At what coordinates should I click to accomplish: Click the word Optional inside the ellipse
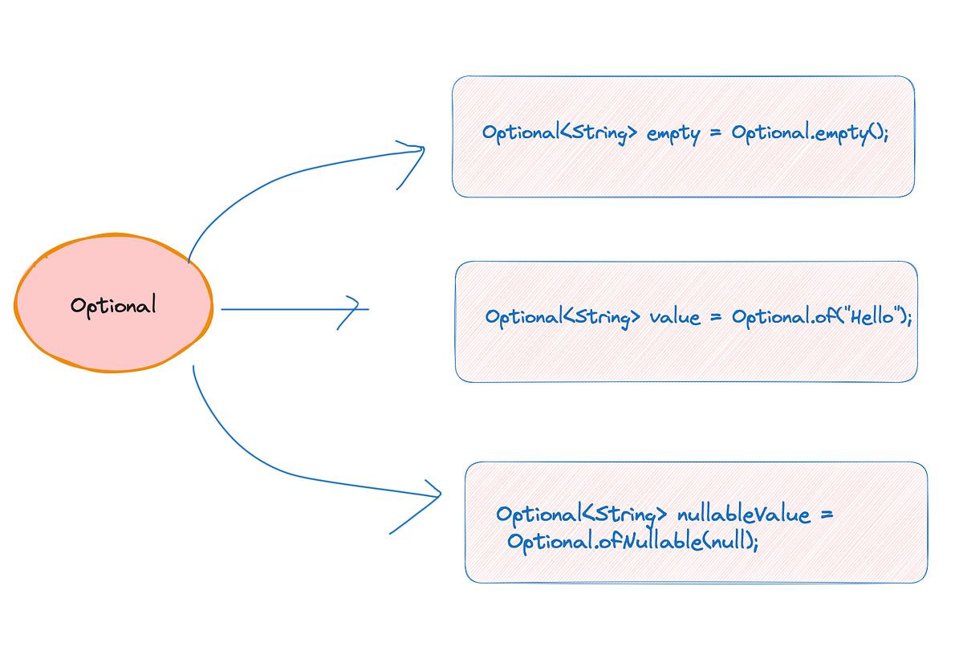coord(113,306)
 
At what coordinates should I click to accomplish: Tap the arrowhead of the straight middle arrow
coord(354,309)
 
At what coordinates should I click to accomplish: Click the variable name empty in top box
coord(673,133)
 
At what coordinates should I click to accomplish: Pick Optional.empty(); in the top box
coord(810,133)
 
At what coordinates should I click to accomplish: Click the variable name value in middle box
coord(675,317)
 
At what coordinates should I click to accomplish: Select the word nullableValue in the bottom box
coord(744,514)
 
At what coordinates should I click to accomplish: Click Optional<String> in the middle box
coord(563,317)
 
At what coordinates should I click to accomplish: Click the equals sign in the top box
coord(715,133)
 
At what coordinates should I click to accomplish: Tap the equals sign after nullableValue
coord(827,514)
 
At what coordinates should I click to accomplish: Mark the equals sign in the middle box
coord(715,317)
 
